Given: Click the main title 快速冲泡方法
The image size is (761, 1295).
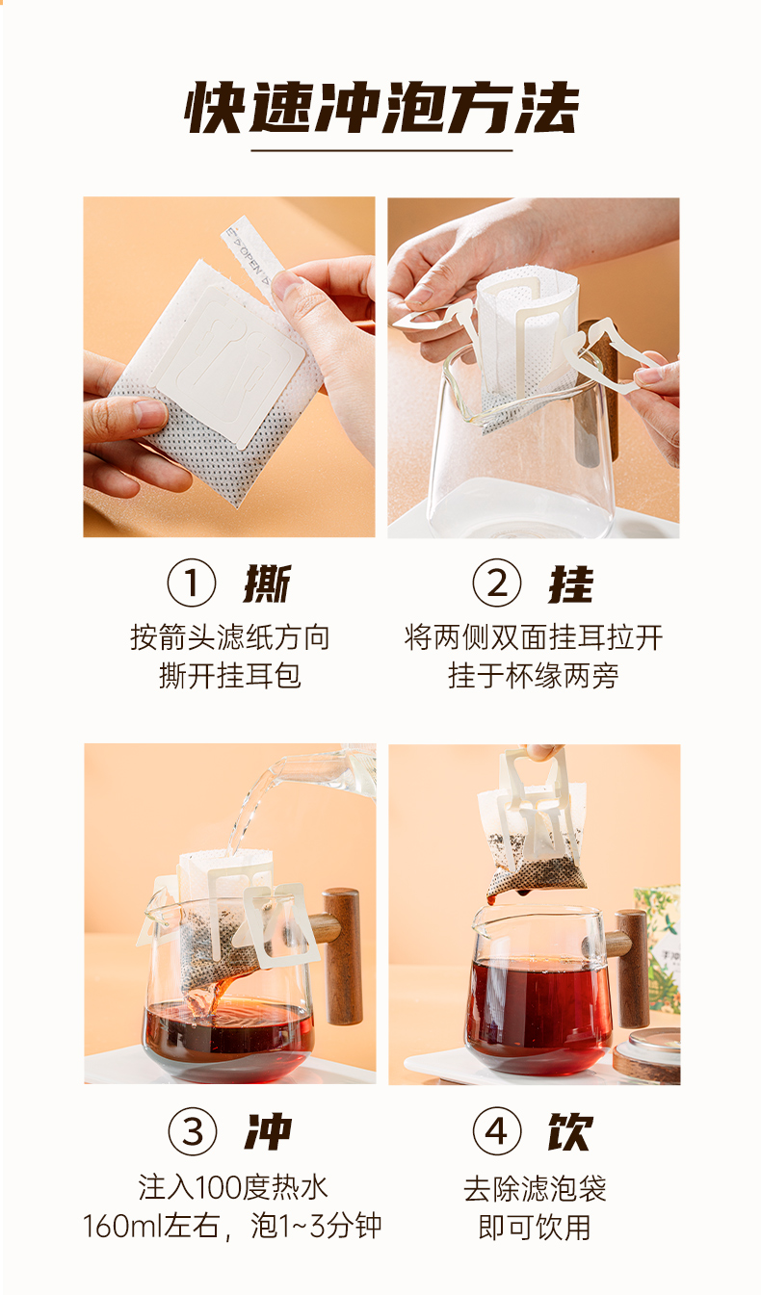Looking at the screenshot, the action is pyautogui.click(x=381, y=108).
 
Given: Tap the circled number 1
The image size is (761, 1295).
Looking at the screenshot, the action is pyautogui.click(x=192, y=583).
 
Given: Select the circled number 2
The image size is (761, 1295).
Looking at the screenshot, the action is pyautogui.click(x=497, y=583).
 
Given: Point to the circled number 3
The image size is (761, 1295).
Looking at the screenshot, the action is pyautogui.click(x=193, y=1131).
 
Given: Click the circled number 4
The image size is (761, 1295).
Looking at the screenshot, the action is pyautogui.click(x=497, y=1131).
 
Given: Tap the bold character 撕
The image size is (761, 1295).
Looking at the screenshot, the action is pyautogui.click(x=267, y=583).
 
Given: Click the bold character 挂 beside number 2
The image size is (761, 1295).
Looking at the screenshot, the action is pyautogui.click(x=571, y=583).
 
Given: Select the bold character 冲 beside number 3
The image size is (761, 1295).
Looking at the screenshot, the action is pyautogui.click(x=269, y=1131).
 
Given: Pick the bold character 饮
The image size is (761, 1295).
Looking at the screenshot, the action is pyautogui.click(x=570, y=1131).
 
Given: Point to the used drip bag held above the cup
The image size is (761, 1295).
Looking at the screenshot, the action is pyautogui.click(x=532, y=827).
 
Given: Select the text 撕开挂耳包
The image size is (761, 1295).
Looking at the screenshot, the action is pyautogui.click(x=229, y=676).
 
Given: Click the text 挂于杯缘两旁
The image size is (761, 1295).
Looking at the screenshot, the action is pyautogui.click(x=533, y=676).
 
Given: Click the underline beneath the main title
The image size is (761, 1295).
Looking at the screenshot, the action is pyautogui.click(x=381, y=151).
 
